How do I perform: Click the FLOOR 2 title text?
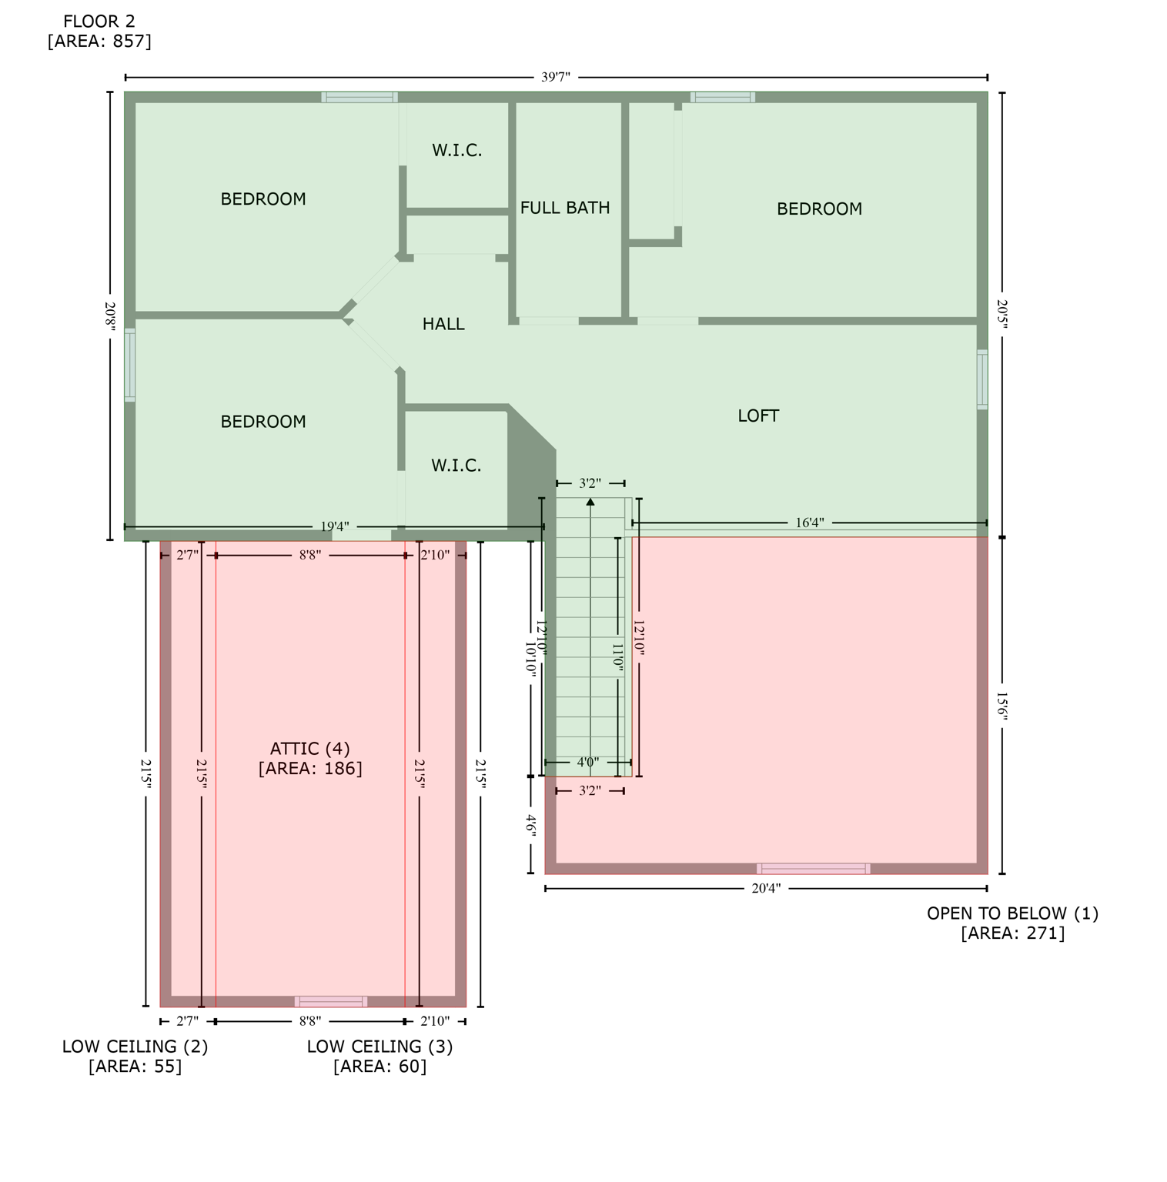pyautogui.click(x=99, y=22)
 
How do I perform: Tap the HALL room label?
pyautogui.click(x=443, y=324)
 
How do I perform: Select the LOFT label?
pyautogui.click(x=758, y=416)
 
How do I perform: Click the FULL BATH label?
pyautogui.click(x=565, y=208)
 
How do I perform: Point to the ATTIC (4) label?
pyautogui.click(x=310, y=749)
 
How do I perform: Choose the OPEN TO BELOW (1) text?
pyautogui.click(x=1012, y=913)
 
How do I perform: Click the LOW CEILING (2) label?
pyautogui.click(x=135, y=1047)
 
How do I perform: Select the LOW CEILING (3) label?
pyautogui.click(x=380, y=1047)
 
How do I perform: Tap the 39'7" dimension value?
pyautogui.click(x=556, y=77)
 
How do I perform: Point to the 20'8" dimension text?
pyautogui.click(x=110, y=316)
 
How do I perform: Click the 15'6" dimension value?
pyautogui.click(x=1001, y=705)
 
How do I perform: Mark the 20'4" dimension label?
pyautogui.click(x=766, y=888)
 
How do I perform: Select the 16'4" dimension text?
pyautogui.click(x=809, y=523)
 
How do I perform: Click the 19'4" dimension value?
pyautogui.click(x=335, y=526)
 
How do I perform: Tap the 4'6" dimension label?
pyautogui.click(x=530, y=824)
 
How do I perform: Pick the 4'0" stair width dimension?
pyautogui.click(x=588, y=763)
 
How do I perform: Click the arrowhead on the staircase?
pyautogui.click(x=590, y=502)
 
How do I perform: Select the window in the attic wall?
pyautogui.click(x=331, y=1001)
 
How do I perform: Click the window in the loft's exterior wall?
pyautogui.click(x=982, y=379)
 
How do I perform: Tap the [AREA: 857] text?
pyautogui.click(x=99, y=42)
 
